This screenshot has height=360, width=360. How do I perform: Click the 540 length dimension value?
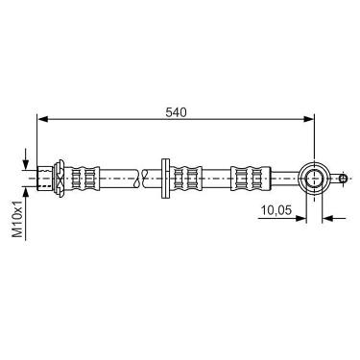pos(176,112)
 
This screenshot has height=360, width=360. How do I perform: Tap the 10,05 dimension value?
pos(276,210)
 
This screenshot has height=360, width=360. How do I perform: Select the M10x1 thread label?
pos(18,218)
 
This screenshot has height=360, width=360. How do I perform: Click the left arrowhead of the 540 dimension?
pos(43,119)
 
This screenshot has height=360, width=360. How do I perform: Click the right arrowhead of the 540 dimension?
pos(309,119)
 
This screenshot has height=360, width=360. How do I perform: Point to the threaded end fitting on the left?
pos(45,179)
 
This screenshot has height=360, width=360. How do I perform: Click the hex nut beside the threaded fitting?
pos(59,178)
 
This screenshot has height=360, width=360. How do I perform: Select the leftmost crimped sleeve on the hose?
pos(84,179)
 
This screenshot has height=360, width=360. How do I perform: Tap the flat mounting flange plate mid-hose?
pos(165,179)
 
